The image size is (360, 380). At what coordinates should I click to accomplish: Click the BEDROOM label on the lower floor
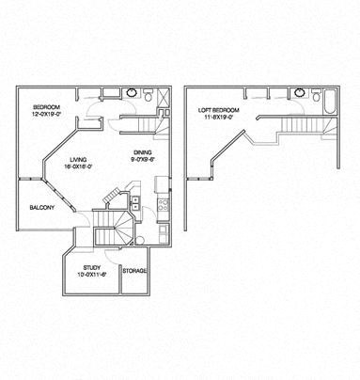(x=46, y=106)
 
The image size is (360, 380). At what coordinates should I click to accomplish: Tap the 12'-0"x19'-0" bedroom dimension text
(x=47, y=114)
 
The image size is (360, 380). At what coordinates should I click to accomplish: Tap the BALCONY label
(x=41, y=207)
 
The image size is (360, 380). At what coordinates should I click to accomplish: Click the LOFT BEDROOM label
(x=219, y=110)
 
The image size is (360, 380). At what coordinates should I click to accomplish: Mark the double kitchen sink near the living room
(x=135, y=208)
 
